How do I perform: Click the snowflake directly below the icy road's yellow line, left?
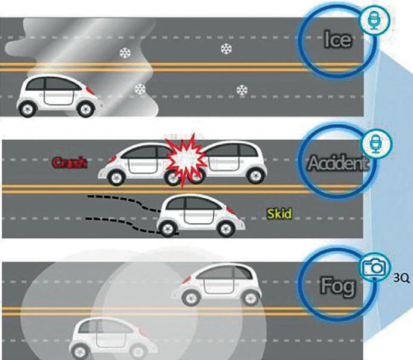pos(140,89)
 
